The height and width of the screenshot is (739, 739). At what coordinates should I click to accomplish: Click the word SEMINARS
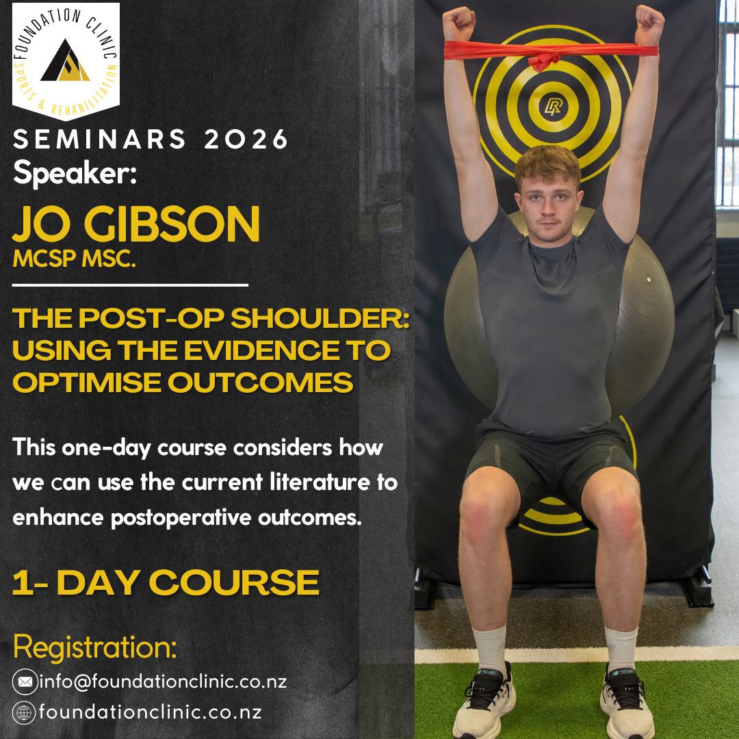click(x=100, y=140)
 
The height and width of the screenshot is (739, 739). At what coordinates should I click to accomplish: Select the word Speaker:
click(x=75, y=172)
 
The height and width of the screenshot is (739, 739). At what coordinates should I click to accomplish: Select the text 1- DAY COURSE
click(x=166, y=583)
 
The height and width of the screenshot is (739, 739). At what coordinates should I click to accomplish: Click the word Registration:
click(x=95, y=647)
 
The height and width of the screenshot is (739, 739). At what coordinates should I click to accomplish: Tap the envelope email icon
click(x=25, y=682)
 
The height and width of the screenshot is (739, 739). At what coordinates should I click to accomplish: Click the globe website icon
click(x=25, y=712)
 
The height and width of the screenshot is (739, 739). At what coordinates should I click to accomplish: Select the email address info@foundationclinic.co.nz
click(x=163, y=682)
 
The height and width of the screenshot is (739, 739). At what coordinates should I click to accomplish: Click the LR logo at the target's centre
click(x=553, y=106)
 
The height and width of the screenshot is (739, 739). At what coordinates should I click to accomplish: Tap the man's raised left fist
click(x=648, y=24)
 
